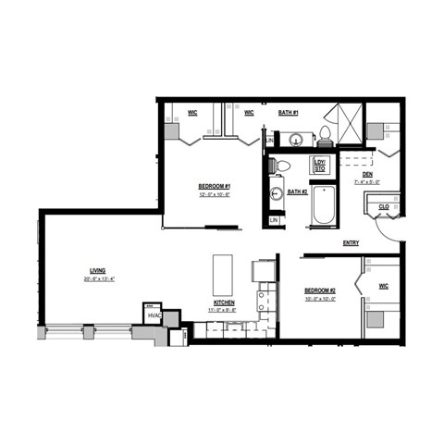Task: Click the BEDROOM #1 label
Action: (x=214, y=186)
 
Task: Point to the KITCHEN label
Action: (x=224, y=302)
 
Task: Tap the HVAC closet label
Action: (x=153, y=316)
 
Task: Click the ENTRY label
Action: (x=351, y=243)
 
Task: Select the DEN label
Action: (x=367, y=174)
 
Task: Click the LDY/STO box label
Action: (x=320, y=166)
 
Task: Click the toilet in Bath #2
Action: (x=282, y=166)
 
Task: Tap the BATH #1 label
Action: (x=289, y=113)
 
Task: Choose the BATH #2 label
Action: (x=297, y=191)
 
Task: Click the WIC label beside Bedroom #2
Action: (x=384, y=286)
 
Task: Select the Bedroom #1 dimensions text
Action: (x=214, y=194)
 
